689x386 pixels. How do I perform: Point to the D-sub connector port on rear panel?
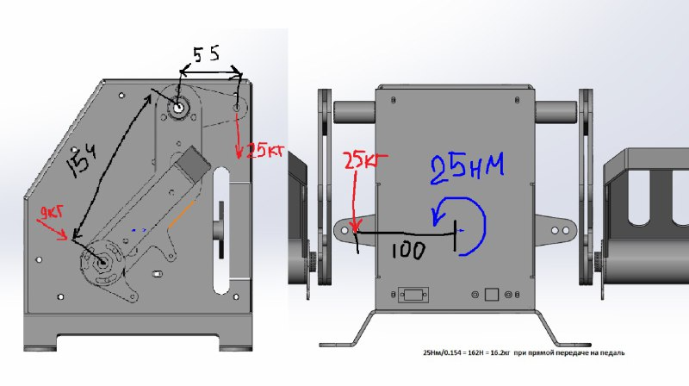click(x=411, y=294)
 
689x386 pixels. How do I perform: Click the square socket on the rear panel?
click(x=492, y=294)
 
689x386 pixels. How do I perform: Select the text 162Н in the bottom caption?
click(x=469, y=353)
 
